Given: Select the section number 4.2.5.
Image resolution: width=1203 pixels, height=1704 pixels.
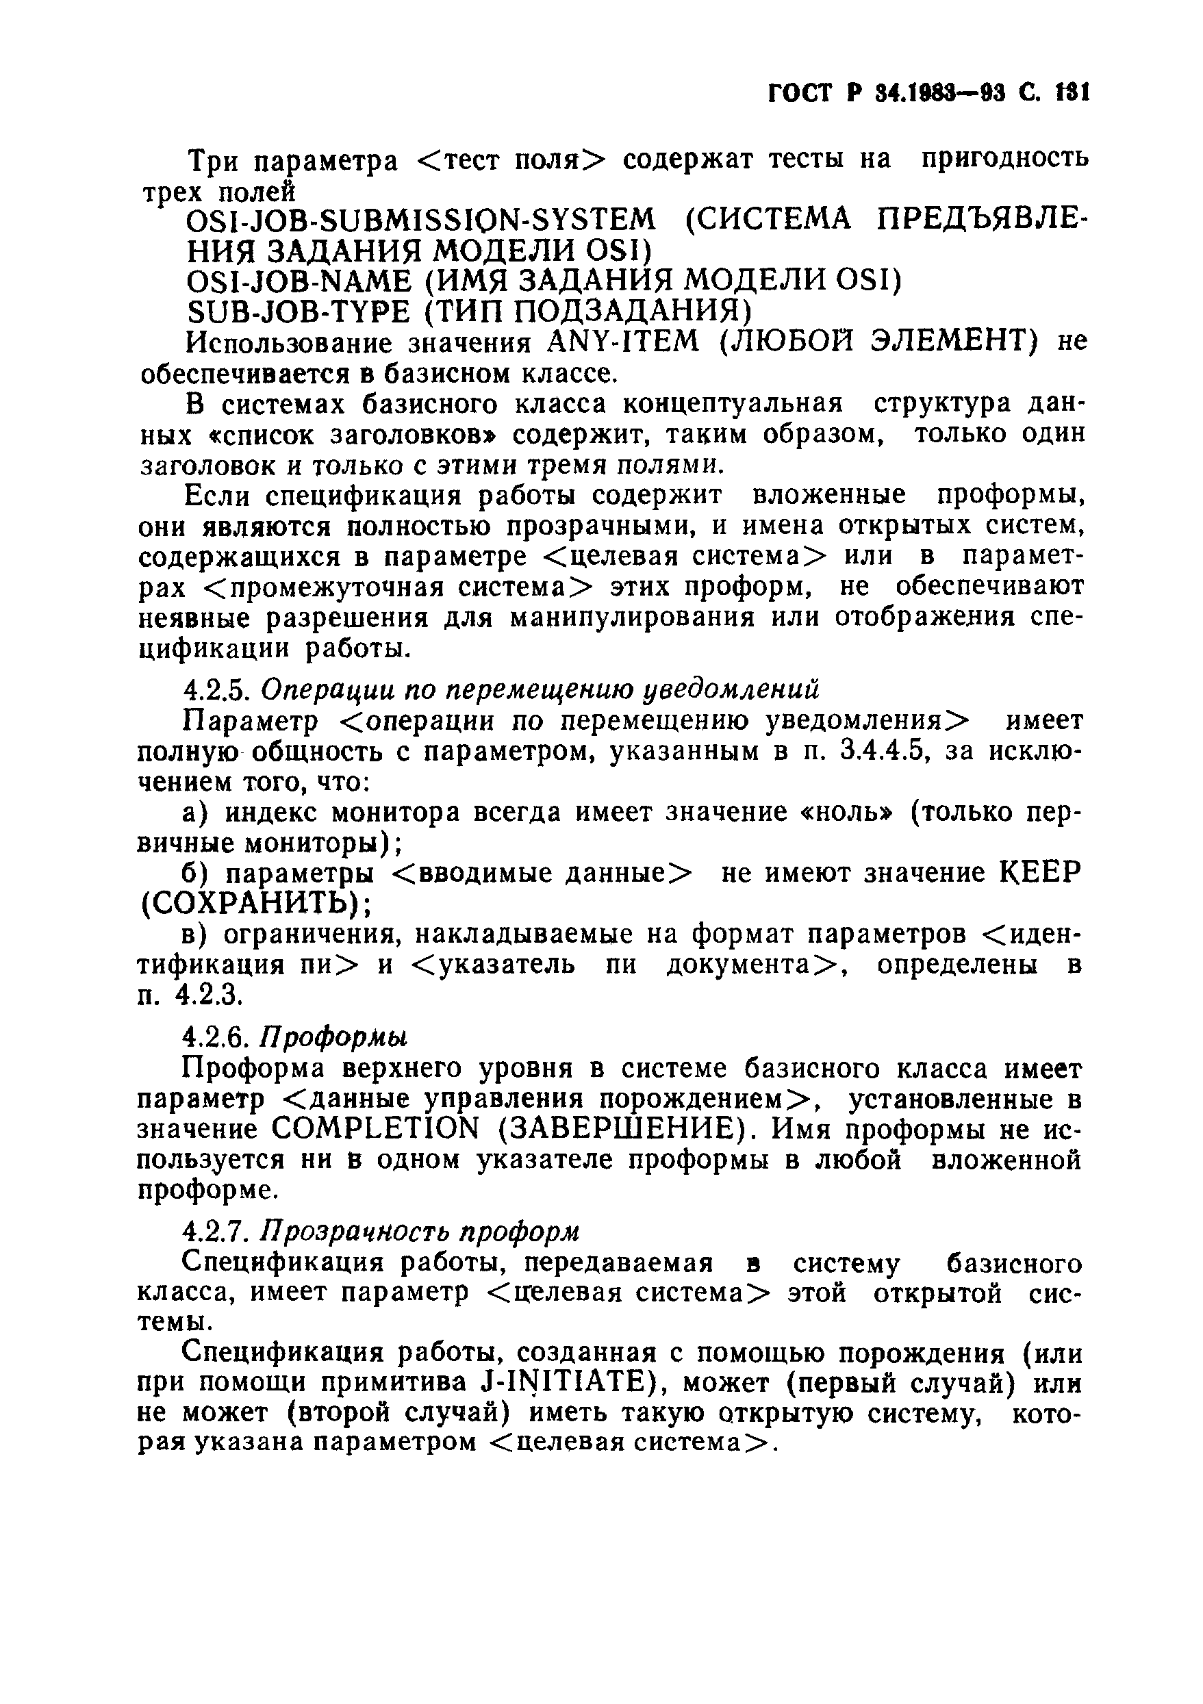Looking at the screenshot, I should click(x=214, y=689).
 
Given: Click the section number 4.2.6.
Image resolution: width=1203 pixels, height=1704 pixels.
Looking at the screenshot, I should click(x=214, y=1035).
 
